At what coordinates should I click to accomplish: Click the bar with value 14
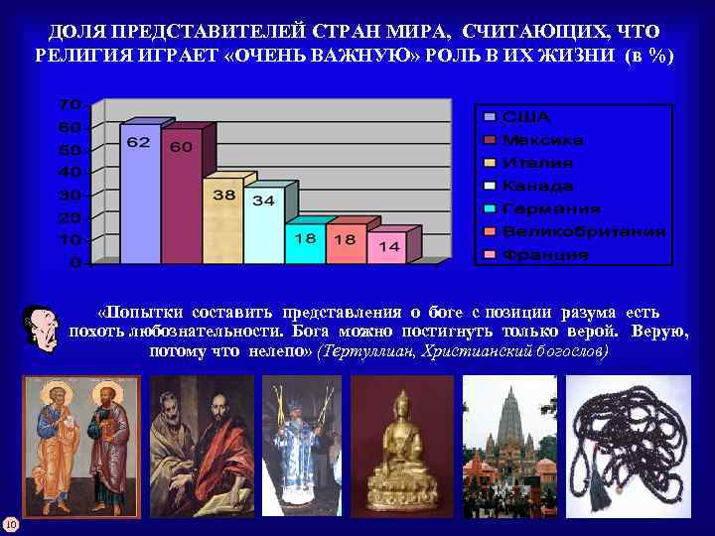(x=387, y=248)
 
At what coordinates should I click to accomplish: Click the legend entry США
(x=525, y=117)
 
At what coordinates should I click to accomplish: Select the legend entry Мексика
(x=542, y=140)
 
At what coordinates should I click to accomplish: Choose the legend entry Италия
(x=537, y=163)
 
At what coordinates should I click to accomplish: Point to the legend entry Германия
(x=550, y=208)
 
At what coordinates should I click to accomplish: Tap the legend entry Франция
(x=544, y=254)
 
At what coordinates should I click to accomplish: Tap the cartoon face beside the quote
(x=41, y=327)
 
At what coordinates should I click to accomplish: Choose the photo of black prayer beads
(x=627, y=447)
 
